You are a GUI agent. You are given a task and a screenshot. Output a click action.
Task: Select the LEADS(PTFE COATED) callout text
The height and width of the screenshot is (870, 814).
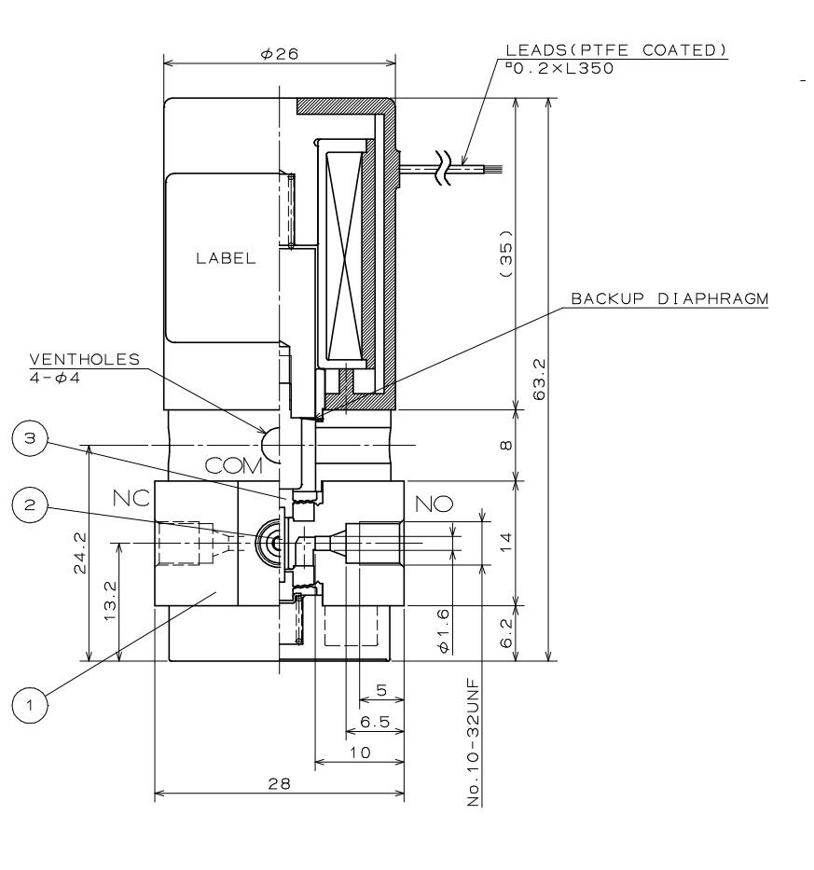[616, 50]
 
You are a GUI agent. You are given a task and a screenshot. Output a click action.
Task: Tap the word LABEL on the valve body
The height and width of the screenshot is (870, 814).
[225, 260]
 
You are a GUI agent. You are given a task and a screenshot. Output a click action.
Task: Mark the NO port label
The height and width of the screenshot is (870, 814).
[435, 504]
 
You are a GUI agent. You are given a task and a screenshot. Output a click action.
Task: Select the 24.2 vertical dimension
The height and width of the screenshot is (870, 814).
[79, 554]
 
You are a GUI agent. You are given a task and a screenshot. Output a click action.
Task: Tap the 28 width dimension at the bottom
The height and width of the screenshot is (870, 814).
[278, 783]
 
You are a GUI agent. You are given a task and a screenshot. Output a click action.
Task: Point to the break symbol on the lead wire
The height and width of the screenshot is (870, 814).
[447, 170]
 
